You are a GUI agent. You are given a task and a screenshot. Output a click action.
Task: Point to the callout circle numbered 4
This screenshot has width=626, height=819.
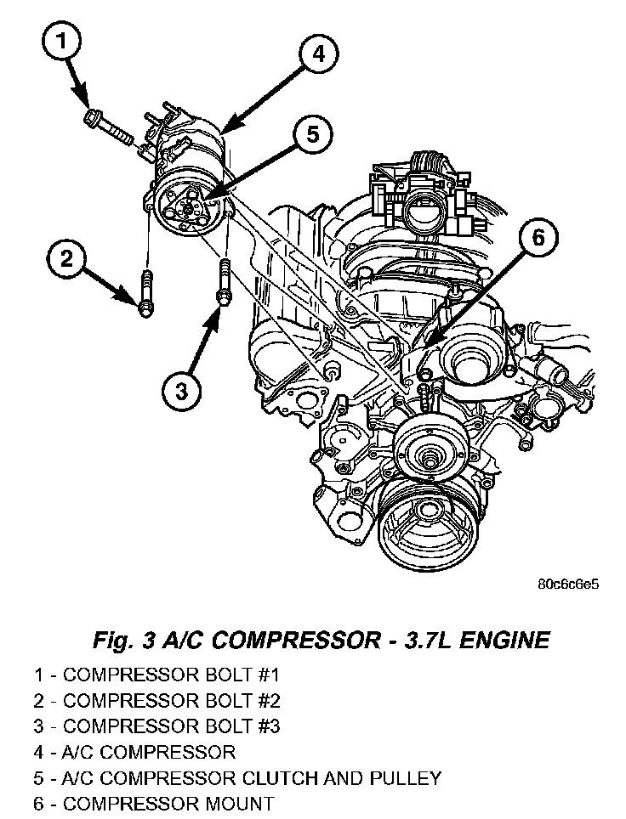point(316,54)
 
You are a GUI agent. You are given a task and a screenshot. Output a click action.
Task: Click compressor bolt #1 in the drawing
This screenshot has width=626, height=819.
point(108,124)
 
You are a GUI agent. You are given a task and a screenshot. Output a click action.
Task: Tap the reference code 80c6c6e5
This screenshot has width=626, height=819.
point(569,586)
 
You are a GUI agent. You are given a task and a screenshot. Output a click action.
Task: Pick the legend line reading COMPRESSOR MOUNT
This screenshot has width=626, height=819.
point(154,804)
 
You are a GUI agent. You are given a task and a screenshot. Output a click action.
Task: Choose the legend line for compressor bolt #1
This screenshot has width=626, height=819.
point(156,676)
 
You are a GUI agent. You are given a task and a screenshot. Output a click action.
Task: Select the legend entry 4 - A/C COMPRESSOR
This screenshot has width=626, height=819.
point(134,753)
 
